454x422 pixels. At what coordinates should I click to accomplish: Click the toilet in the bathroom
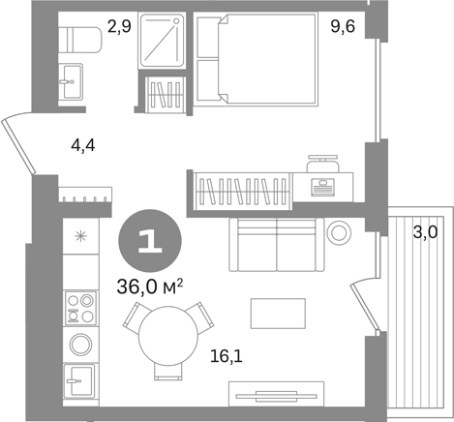point(80,40)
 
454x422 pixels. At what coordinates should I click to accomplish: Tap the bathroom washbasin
point(71,81)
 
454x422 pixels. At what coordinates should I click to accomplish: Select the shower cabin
point(162,41)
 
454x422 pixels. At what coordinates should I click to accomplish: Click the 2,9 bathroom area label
point(119,26)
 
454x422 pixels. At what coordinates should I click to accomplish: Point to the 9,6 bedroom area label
point(343,26)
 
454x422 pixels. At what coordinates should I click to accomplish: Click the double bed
point(257,59)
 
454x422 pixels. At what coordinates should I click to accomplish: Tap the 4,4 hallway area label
point(83,145)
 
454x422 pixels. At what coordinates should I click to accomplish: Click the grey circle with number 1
point(150,241)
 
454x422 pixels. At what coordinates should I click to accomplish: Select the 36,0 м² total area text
point(150,286)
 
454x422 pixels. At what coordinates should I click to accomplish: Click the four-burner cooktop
point(80,308)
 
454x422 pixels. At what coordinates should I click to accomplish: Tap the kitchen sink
point(79,381)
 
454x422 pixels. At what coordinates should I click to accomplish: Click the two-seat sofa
point(277,245)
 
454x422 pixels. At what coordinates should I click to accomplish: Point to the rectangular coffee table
point(278,314)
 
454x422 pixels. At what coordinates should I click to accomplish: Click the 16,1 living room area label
point(226,356)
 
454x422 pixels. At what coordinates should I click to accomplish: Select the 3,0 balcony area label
point(426,232)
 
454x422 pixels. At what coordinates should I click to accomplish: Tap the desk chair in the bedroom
point(322,164)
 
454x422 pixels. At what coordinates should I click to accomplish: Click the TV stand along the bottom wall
point(276,394)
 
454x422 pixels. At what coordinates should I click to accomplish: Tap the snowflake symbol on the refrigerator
point(80,236)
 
